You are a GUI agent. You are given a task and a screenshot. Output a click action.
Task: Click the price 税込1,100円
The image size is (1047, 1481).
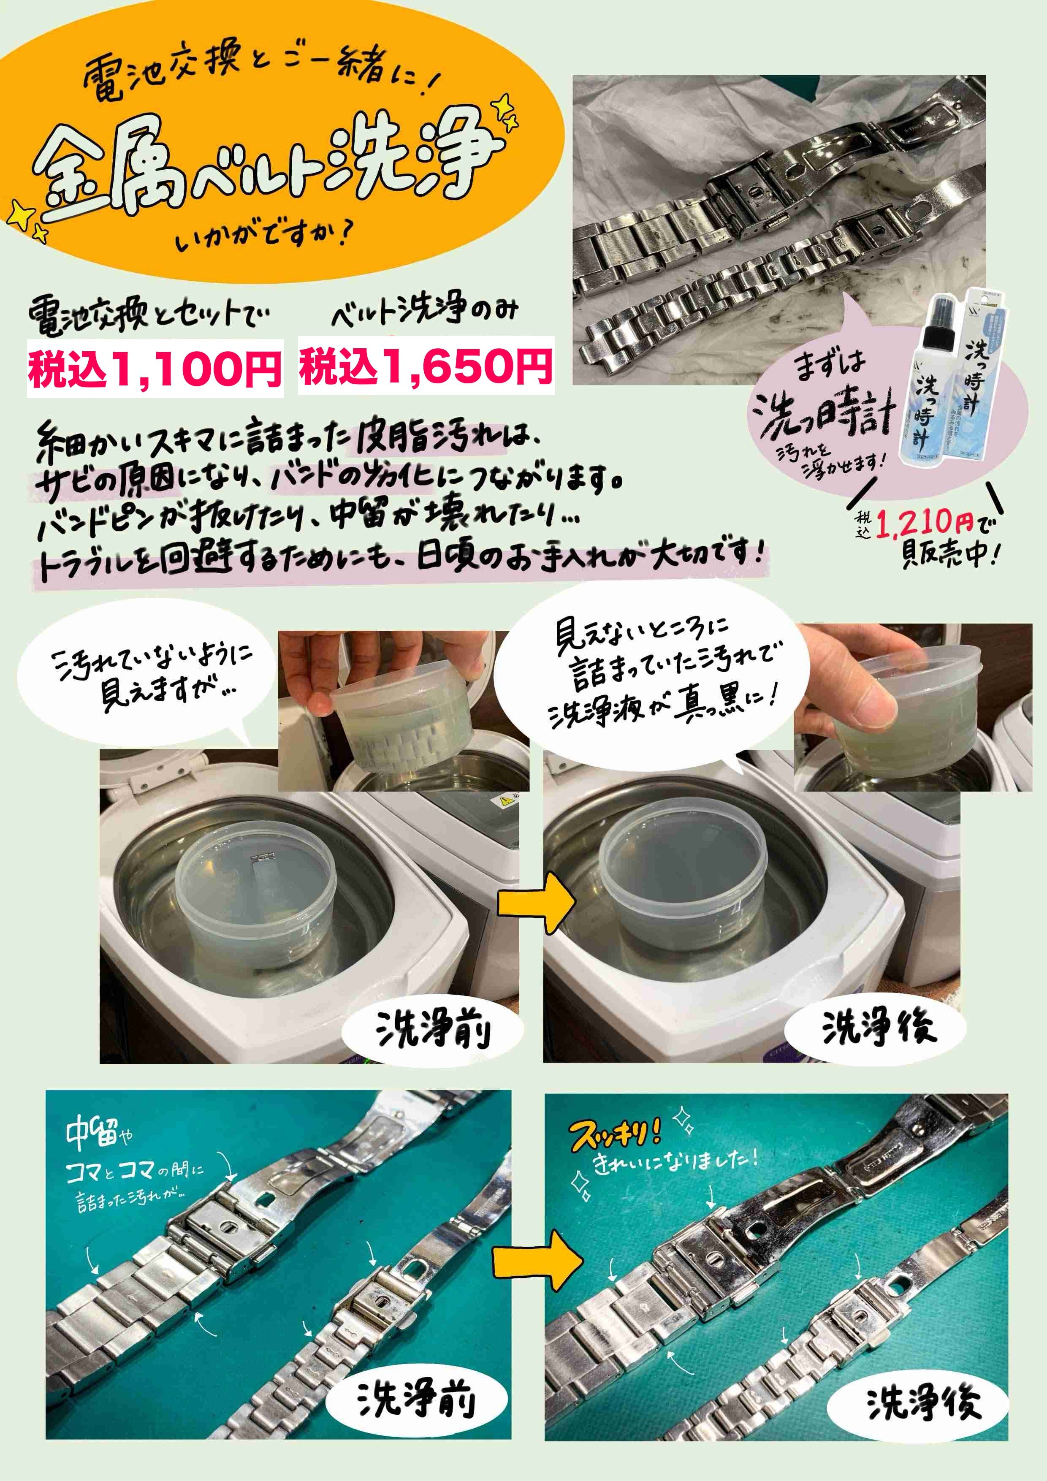[155, 369]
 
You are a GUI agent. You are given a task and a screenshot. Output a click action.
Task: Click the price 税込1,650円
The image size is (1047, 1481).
[426, 366]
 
